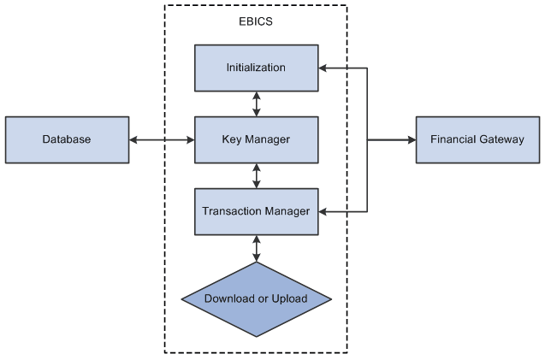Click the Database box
[x=68, y=139]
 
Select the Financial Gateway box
[x=477, y=139]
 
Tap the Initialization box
[x=256, y=68]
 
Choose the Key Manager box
[x=256, y=139]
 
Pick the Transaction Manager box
[x=256, y=211]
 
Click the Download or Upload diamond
[x=256, y=298]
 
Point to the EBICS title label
[x=256, y=22]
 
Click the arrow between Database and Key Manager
[x=163, y=139]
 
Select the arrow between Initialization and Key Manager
[x=256, y=103]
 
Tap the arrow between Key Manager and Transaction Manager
[x=256, y=175]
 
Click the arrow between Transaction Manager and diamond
[x=256, y=248]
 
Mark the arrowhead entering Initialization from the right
[x=323, y=68]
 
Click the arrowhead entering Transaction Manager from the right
[x=323, y=211]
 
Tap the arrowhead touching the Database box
[x=134, y=139]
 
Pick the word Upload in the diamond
[x=289, y=298]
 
